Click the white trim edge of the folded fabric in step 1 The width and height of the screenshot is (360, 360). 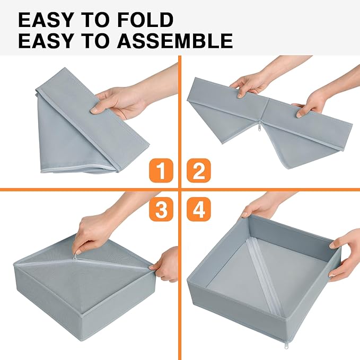coord(80,171)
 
